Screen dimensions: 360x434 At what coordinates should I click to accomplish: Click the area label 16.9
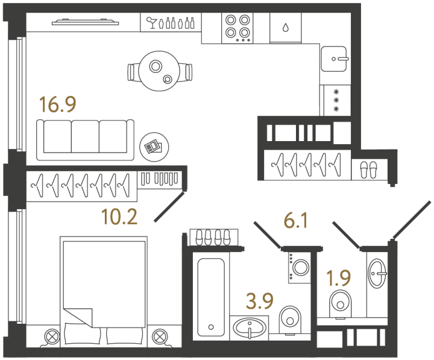(x=57, y=105)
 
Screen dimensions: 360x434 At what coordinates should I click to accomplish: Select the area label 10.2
(x=119, y=215)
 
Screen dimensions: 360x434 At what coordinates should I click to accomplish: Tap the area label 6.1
(x=296, y=221)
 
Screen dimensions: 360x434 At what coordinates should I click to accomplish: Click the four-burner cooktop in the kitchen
(x=237, y=27)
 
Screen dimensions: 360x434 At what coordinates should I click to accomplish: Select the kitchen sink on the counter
(x=335, y=59)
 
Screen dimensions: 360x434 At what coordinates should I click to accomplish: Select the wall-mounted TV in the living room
(x=84, y=23)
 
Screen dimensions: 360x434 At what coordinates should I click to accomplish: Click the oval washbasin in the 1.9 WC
(x=378, y=273)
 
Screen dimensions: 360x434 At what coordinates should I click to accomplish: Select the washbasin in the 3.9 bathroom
(x=249, y=328)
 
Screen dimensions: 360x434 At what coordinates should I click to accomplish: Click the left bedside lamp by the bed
(x=52, y=336)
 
